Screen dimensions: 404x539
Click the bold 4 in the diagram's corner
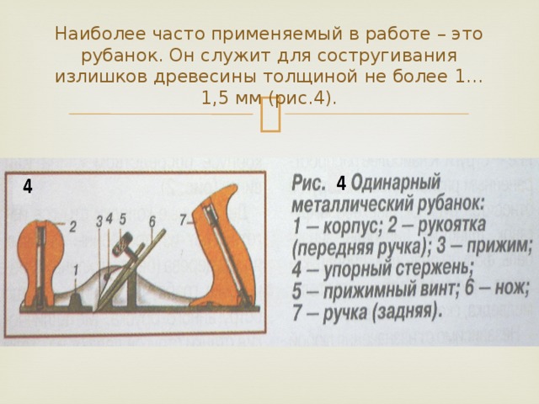click(x=28, y=185)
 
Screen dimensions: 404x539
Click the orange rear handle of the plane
click(x=226, y=244)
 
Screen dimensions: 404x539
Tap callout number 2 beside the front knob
click(x=73, y=226)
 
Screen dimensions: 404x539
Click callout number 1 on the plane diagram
click(x=77, y=268)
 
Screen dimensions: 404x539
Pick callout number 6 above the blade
click(x=152, y=221)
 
